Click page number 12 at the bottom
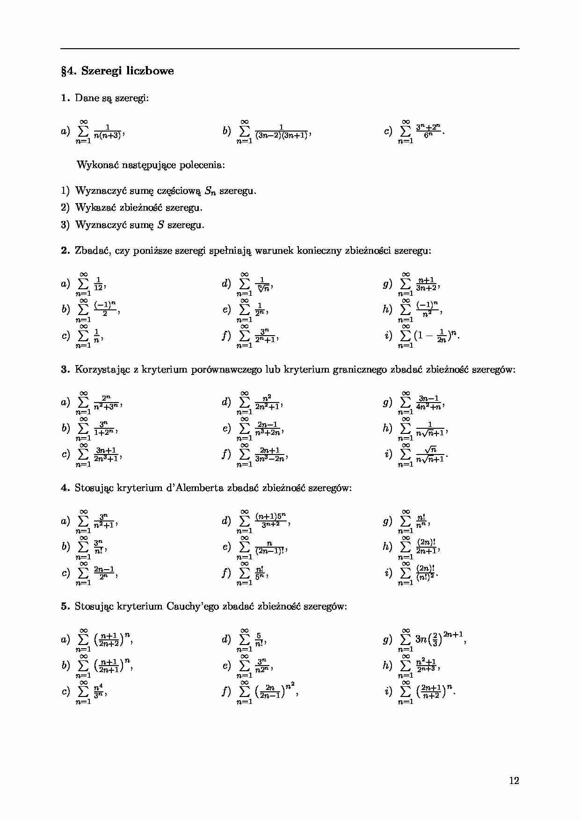(514, 780)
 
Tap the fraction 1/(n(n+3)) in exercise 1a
(108, 132)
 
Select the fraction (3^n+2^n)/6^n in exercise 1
(428, 132)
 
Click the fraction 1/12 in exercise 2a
(98, 284)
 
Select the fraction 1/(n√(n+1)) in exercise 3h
(430, 429)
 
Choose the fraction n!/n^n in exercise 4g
(421, 521)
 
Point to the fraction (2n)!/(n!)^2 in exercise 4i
(426, 572)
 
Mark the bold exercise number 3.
(65, 369)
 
